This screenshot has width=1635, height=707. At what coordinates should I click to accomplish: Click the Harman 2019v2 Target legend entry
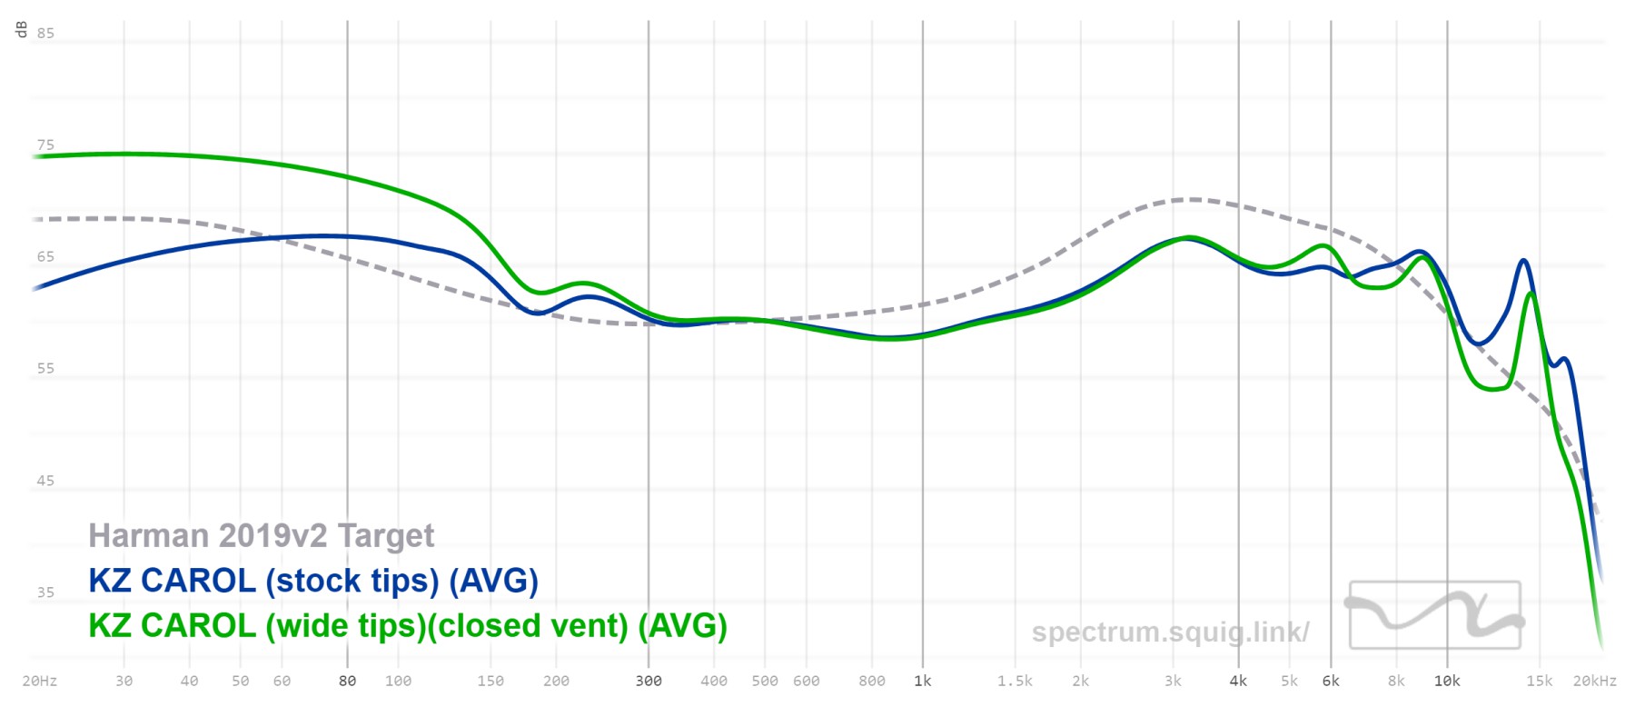tap(262, 536)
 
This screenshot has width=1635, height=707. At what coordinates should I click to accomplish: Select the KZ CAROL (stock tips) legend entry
tap(313, 581)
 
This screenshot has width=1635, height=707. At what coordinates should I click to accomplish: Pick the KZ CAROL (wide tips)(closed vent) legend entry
tap(408, 626)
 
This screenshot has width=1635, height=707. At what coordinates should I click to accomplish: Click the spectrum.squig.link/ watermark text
tap(1170, 632)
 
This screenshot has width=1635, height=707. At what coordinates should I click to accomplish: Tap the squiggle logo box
tap(1434, 615)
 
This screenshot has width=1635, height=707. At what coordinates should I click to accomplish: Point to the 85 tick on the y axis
tap(45, 34)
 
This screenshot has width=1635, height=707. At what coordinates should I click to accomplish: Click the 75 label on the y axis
tap(45, 145)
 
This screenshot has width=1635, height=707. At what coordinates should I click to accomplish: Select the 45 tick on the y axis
tap(45, 481)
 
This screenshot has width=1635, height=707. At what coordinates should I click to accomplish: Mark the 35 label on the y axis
tap(45, 592)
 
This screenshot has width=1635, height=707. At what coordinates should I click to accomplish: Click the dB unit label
tap(22, 30)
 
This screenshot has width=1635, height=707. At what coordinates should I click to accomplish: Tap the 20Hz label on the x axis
tap(40, 681)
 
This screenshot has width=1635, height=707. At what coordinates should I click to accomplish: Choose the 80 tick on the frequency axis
tap(347, 681)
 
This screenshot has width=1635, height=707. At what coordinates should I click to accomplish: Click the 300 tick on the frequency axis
tap(649, 681)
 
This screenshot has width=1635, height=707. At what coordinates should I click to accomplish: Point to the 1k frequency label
tap(923, 681)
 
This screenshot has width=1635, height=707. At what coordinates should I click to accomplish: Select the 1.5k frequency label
tap(1015, 681)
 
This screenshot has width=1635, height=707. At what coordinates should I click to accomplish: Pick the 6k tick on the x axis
tap(1331, 681)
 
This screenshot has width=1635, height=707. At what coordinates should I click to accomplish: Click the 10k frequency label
tap(1447, 681)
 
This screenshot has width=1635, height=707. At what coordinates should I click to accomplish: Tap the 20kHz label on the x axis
tap(1595, 681)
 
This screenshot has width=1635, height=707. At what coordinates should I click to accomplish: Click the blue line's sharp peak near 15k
tap(1523, 261)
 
